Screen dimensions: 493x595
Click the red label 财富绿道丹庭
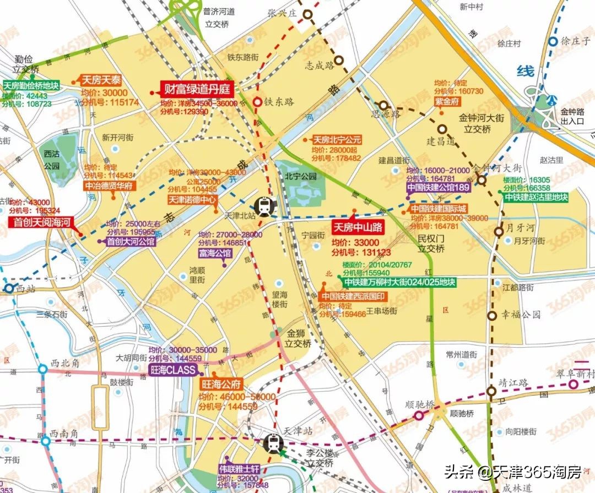click(197, 89)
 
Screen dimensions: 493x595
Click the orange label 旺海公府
click(220, 384)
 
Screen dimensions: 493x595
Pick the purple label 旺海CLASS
click(174, 370)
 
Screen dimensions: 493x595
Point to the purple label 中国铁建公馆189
click(439, 188)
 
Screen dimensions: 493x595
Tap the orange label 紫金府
click(447, 102)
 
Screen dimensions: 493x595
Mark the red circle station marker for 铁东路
click(257, 102)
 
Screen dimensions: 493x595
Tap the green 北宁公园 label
click(301, 177)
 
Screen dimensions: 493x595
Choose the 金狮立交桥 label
click(298, 338)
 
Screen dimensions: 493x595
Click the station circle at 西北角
click(43, 369)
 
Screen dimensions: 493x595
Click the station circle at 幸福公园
click(491, 316)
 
